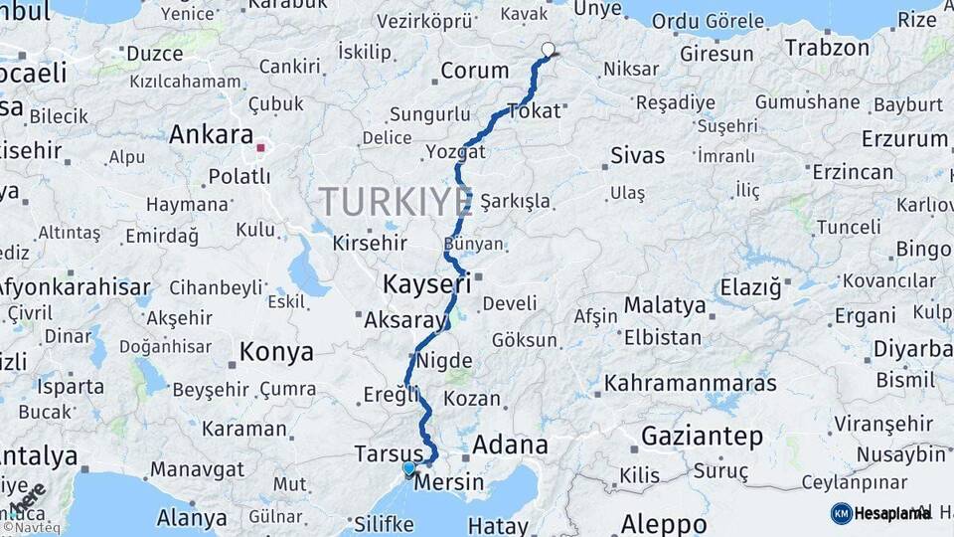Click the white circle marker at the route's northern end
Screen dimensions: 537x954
click(548, 49)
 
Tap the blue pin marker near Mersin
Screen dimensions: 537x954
click(408, 467)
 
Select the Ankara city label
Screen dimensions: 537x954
click(211, 134)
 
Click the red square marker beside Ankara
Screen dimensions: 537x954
click(260, 147)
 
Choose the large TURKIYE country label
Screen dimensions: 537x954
click(396, 202)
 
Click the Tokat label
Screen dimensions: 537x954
click(534, 110)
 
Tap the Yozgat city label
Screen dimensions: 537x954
click(455, 151)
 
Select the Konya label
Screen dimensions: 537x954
click(276, 352)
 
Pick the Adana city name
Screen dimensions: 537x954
click(510, 445)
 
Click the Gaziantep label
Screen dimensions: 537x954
click(702, 436)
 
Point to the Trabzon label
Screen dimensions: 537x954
click(827, 47)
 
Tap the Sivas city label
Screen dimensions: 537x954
click(637, 155)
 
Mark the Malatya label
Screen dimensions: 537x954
click(664, 304)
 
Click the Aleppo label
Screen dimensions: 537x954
click(664, 524)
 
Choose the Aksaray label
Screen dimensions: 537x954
click(406, 320)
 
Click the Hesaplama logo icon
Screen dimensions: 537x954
click(841, 513)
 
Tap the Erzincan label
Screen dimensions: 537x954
click(853, 172)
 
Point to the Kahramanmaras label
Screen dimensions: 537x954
click(691, 382)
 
